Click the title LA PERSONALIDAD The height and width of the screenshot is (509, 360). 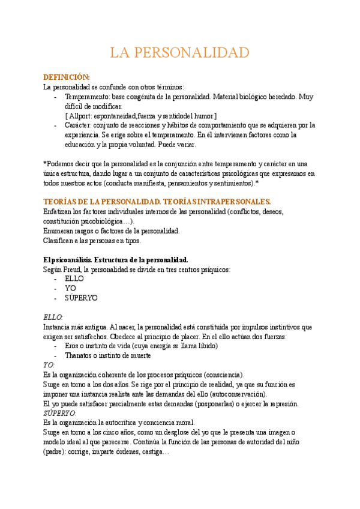pyautogui.click(x=179, y=53)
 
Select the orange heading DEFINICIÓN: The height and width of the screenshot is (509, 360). pyautogui.click(x=67, y=77)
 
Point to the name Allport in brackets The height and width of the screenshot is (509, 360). pyautogui.click(x=81, y=115)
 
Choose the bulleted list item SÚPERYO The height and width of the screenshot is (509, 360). pyautogui.click(x=81, y=298)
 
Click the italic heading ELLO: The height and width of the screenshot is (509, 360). pyautogui.click(x=53, y=317)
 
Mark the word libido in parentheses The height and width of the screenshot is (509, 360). pyautogui.click(x=225, y=346)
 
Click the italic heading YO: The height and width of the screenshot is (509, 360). pyautogui.click(x=49, y=365)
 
